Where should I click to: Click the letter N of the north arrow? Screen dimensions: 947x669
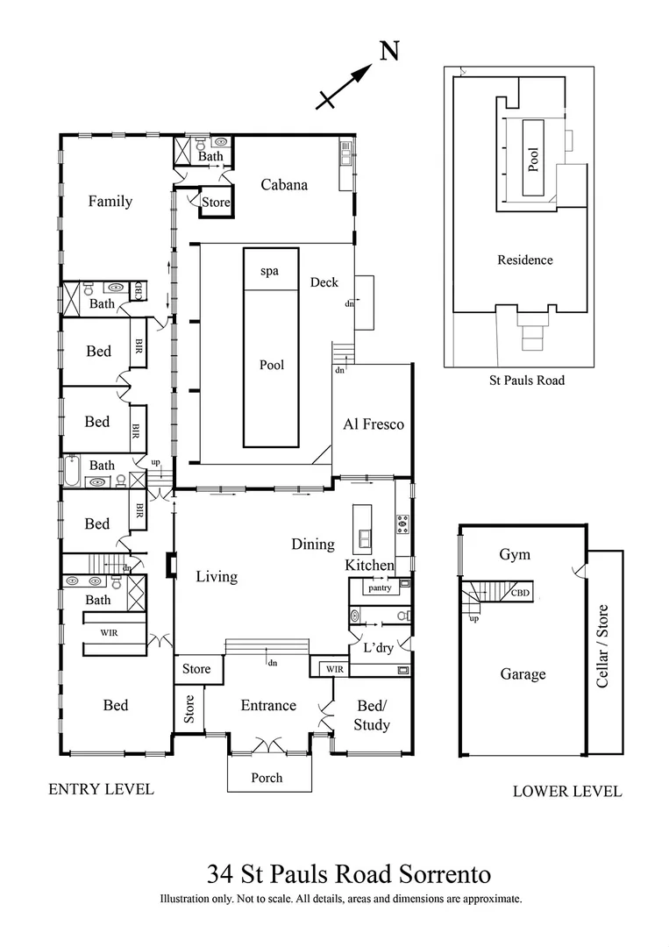tap(389, 52)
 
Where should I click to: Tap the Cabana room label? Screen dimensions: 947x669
tap(284, 184)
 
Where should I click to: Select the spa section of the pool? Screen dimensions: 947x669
tap(269, 271)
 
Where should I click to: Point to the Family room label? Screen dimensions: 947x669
tap(110, 201)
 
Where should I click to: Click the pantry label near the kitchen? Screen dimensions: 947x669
tap(380, 588)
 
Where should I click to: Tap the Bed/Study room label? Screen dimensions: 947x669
tap(372, 716)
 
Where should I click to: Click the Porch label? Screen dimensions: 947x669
tap(267, 777)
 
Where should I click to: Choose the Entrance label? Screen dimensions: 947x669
tap(268, 705)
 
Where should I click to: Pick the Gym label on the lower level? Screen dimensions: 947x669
tap(515, 555)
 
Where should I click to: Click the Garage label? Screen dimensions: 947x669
tap(523, 673)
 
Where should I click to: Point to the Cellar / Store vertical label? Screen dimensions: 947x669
tap(602, 645)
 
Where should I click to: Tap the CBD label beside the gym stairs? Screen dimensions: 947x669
tap(520, 593)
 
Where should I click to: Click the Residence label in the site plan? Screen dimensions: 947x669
tap(525, 260)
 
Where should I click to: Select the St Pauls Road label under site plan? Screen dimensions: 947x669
tap(526, 380)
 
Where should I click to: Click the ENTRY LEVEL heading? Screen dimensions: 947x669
tap(101, 789)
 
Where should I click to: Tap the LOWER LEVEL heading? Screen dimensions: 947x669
tap(566, 792)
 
